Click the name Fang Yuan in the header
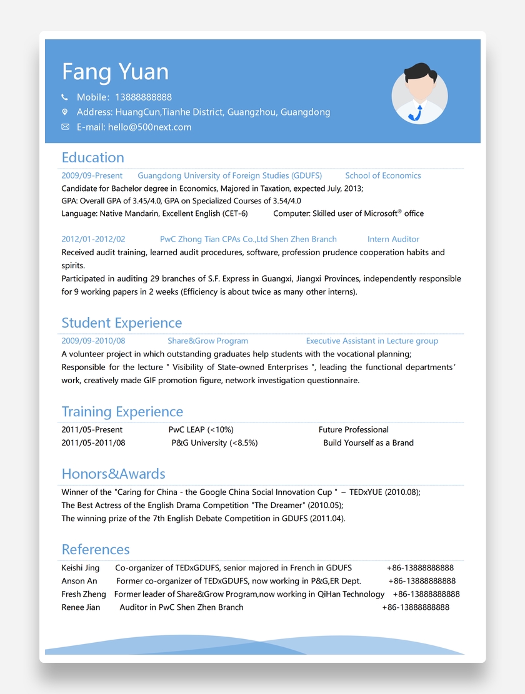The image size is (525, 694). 115,72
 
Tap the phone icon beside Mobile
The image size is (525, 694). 64,97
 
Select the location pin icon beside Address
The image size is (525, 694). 64,112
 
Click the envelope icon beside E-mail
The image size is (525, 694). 65,127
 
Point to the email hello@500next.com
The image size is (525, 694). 149,127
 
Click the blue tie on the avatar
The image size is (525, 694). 419,113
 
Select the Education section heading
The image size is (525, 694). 92,157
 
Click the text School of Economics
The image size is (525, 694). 382,175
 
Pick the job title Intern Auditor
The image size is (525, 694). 393,239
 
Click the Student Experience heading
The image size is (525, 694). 121,323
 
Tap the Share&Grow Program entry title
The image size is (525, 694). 207,341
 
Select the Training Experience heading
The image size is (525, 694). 122,411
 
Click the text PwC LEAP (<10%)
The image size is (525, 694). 201,429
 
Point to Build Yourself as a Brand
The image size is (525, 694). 368,442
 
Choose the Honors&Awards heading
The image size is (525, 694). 113,474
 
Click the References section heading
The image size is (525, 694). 96,549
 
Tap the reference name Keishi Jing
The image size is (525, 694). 80,568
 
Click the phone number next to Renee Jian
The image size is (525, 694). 416,607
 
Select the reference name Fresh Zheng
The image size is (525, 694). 83,594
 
